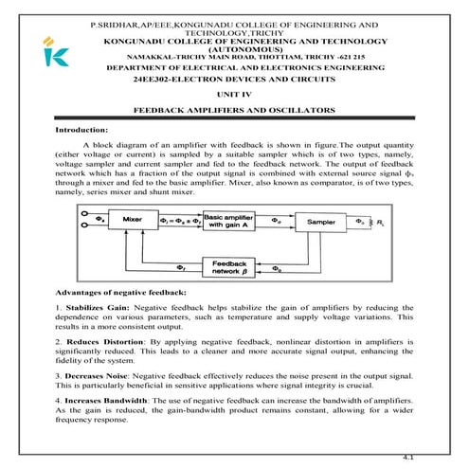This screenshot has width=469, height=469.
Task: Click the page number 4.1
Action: (x=409, y=457)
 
